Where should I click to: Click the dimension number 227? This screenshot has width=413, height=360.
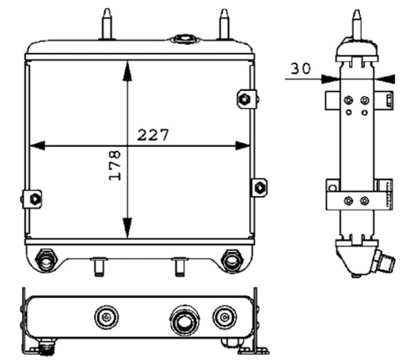coord(153,135)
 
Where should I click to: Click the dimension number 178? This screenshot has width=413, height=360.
coord(115,166)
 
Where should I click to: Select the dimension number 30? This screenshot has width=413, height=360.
coord(301,68)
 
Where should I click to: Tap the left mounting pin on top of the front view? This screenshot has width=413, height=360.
coord(107,24)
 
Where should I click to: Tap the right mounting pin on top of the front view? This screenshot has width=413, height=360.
coord(224,24)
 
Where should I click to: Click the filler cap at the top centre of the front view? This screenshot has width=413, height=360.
coord(184,40)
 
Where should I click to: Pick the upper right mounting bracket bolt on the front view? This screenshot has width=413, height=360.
coord(245,98)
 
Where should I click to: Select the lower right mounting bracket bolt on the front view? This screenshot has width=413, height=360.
coord(259,187)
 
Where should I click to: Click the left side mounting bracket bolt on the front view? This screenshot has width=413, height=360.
coord(35,199)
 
